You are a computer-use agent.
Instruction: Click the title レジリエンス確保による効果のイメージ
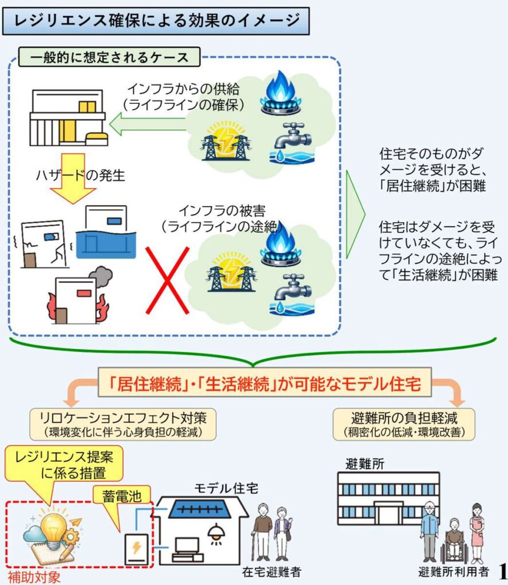coord(156,21)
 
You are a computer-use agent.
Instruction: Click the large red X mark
coord(168,280)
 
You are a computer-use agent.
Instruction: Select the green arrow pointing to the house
coord(147,125)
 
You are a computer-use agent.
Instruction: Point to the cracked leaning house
coord(43,245)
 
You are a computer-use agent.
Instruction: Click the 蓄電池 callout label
coord(122,496)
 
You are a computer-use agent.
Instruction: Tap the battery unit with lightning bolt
coord(136,549)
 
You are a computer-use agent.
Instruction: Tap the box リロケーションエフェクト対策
coord(123,424)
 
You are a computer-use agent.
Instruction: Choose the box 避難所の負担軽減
coord(404,424)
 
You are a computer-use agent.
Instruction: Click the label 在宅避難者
coord(272,571)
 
